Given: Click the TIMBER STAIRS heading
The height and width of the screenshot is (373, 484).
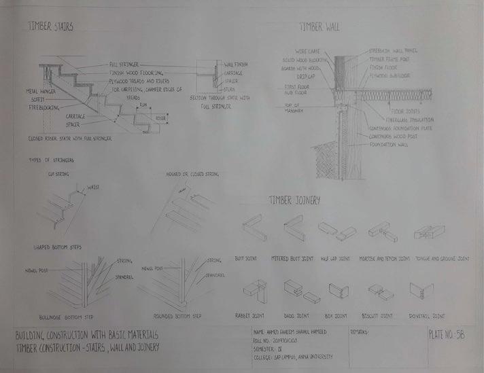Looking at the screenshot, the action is point(50,26).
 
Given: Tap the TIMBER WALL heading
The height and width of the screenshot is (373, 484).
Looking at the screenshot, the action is point(319,26).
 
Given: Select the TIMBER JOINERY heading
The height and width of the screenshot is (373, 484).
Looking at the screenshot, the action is point(294,200).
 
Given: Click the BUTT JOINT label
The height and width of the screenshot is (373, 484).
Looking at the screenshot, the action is point(255,259).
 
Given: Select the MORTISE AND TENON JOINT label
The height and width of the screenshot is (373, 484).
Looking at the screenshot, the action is point(385,259).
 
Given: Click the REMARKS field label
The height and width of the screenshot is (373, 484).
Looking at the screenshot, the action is point(360,333).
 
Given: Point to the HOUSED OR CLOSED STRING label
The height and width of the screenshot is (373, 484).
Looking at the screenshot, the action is point(190,174).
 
